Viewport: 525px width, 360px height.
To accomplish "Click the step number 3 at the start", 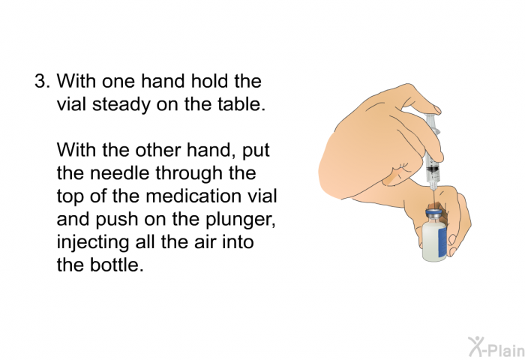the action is (x=42, y=82).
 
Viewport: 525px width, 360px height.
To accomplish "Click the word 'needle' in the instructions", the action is (x=119, y=173).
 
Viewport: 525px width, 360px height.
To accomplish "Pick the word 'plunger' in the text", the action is (x=241, y=220).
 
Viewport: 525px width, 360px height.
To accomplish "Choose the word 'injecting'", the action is (x=93, y=243).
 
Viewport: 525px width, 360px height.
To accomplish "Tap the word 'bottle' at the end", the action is (x=116, y=265).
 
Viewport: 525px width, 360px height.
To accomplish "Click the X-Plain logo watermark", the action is (x=496, y=347).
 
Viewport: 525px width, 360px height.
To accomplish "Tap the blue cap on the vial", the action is (x=434, y=213).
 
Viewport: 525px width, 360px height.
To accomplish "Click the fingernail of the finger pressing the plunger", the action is (x=437, y=109).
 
